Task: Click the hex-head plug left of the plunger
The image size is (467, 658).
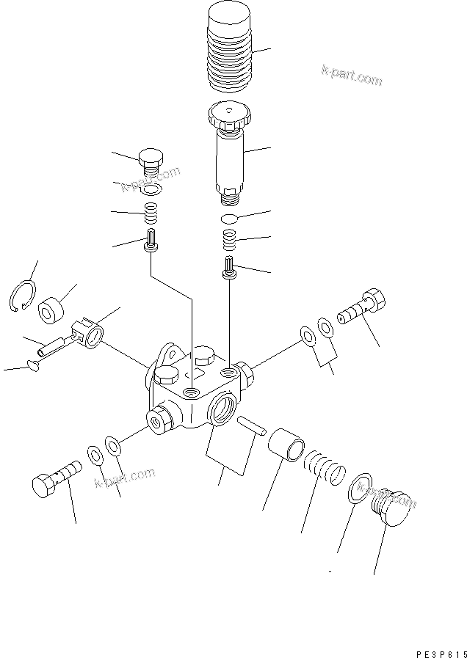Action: tap(150, 161)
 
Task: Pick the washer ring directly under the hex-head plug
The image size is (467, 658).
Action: tap(151, 190)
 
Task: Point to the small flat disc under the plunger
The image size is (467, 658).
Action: tap(228, 219)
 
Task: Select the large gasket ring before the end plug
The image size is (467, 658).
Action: tap(357, 489)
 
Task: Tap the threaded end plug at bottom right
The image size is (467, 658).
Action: tap(390, 508)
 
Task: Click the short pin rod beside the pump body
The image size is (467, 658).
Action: tap(249, 425)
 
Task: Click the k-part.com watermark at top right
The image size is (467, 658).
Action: tap(351, 76)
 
